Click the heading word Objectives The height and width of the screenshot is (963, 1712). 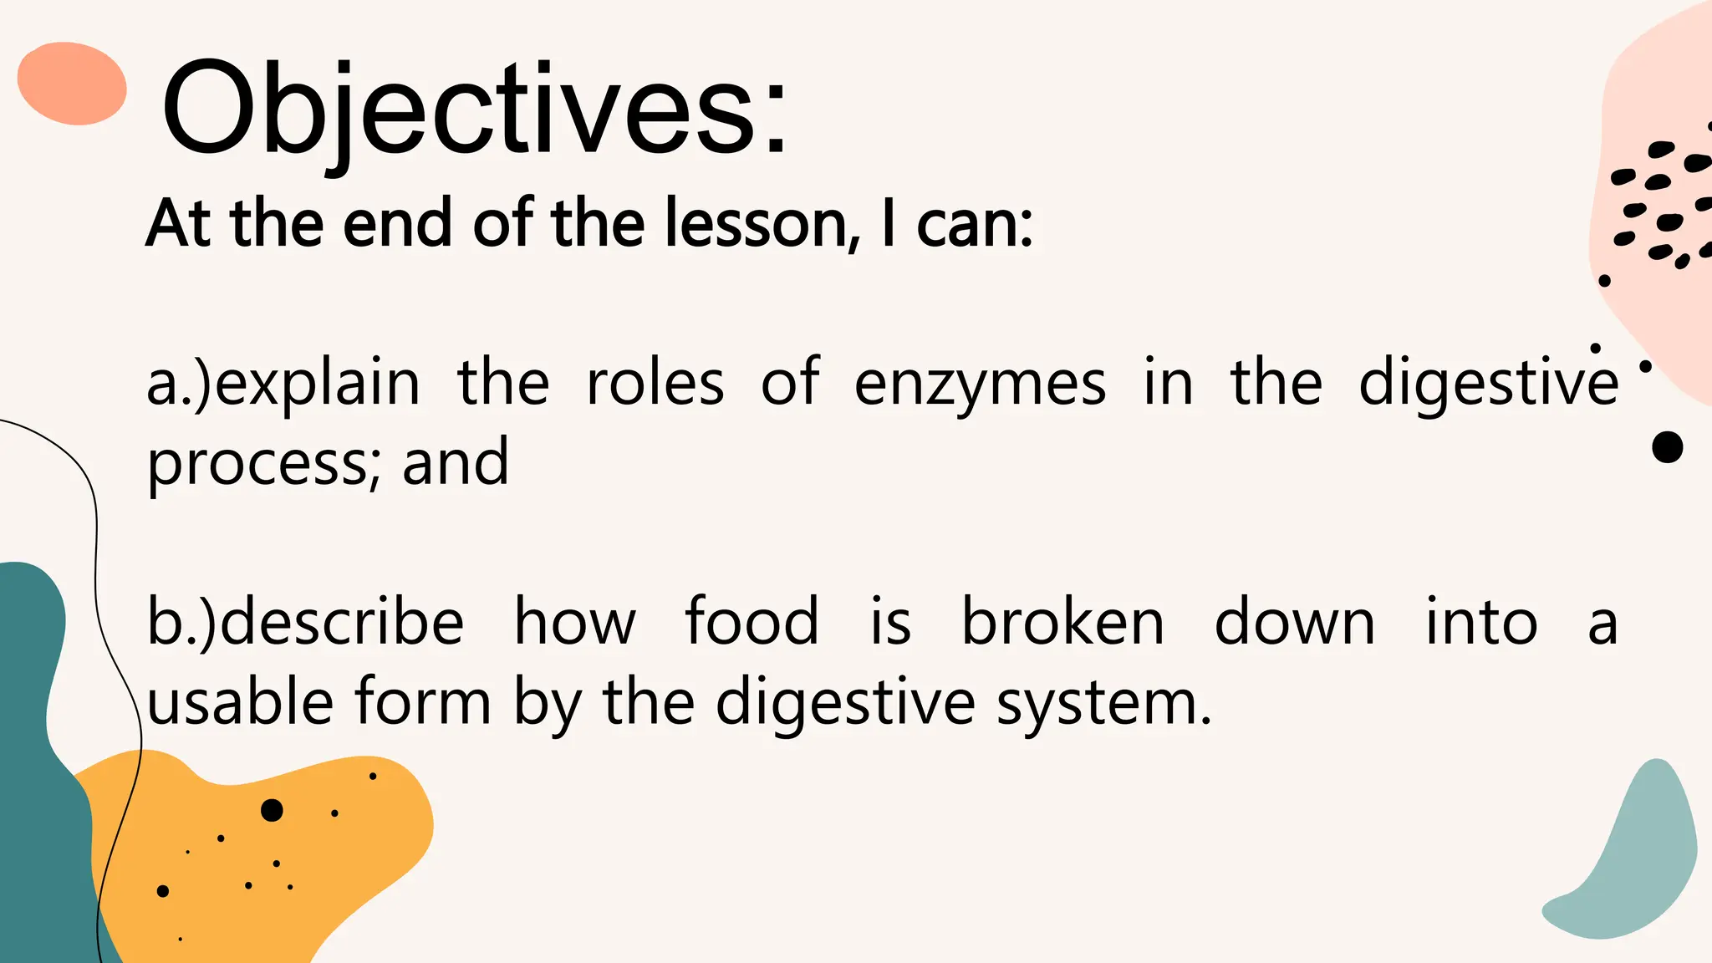point(473,109)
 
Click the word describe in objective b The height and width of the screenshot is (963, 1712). point(343,623)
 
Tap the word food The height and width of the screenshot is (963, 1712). point(752,623)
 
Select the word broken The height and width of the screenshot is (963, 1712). point(1062,623)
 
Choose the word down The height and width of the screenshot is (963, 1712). point(1294,623)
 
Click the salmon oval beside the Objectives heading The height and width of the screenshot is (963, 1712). point(72,84)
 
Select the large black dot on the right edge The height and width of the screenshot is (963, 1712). point(1667,447)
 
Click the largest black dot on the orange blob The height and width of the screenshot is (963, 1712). point(272,810)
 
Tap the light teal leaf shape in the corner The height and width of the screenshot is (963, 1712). point(1630,861)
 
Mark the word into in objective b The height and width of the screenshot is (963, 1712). point(1480,623)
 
